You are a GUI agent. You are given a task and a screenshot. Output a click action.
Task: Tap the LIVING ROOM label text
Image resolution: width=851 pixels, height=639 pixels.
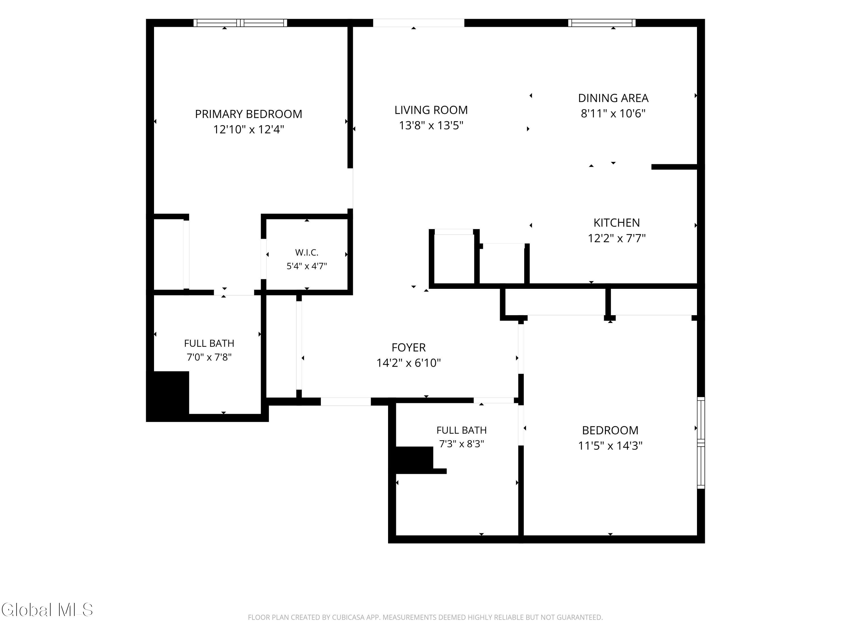coord(431,110)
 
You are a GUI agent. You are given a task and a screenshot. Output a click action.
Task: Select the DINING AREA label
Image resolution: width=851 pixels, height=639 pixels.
coord(613,98)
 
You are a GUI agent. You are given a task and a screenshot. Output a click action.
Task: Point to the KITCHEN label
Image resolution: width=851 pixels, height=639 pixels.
coord(616,223)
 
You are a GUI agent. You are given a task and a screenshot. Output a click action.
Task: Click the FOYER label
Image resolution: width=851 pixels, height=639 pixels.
coord(408,347)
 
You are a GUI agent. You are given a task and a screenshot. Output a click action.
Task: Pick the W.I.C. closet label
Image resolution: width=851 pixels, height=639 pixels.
coord(307,253)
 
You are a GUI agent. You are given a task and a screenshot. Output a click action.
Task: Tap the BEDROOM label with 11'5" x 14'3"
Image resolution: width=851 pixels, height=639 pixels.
coord(610,430)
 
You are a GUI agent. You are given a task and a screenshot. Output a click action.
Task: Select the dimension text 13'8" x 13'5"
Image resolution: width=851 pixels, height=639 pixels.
coord(431,126)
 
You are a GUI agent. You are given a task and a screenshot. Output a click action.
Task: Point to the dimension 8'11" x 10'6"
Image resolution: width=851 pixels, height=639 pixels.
coord(613,114)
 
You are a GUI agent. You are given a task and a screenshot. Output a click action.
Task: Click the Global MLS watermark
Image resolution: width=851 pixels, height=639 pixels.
coord(47,610)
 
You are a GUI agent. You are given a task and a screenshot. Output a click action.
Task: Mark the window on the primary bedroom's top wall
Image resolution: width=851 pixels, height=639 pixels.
coord(240,23)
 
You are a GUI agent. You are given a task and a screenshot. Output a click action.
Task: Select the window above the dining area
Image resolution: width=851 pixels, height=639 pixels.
coord(602,23)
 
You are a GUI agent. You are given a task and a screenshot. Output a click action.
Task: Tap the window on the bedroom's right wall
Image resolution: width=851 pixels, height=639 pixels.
coord(701,443)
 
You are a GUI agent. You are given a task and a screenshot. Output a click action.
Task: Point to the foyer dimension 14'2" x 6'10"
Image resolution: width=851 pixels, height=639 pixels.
coord(408,363)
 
